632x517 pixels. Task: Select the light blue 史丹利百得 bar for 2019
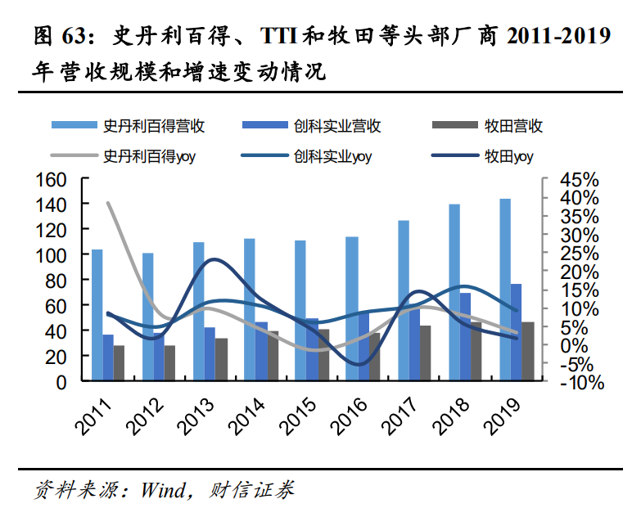[505, 290]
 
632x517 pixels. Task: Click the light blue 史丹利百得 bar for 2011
[97, 315]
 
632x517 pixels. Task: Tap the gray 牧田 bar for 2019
[527, 351]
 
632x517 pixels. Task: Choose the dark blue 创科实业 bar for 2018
[465, 336]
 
